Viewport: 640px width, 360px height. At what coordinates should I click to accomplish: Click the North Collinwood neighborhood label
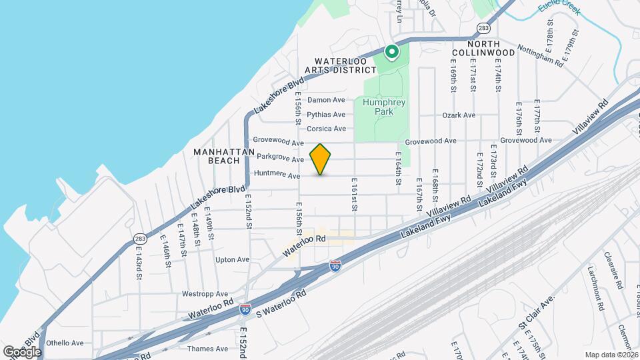click(x=483, y=47)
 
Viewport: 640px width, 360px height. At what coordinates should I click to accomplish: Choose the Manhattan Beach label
click(x=224, y=156)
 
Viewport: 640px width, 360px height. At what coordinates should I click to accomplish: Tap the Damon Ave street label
click(x=326, y=100)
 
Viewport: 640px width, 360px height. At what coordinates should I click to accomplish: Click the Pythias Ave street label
click(x=326, y=115)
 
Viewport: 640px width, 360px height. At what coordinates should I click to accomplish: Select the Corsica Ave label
click(x=326, y=129)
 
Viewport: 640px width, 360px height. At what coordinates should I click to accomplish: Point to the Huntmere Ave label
click(x=277, y=175)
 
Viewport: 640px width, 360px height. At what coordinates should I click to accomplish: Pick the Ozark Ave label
click(x=459, y=115)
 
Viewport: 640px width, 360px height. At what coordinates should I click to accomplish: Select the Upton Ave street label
click(x=232, y=259)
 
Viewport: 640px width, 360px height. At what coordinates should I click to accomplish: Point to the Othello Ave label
click(x=65, y=343)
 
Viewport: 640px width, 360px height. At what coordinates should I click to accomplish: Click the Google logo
click(x=22, y=351)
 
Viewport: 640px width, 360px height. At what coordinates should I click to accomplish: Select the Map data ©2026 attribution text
click(x=611, y=355)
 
